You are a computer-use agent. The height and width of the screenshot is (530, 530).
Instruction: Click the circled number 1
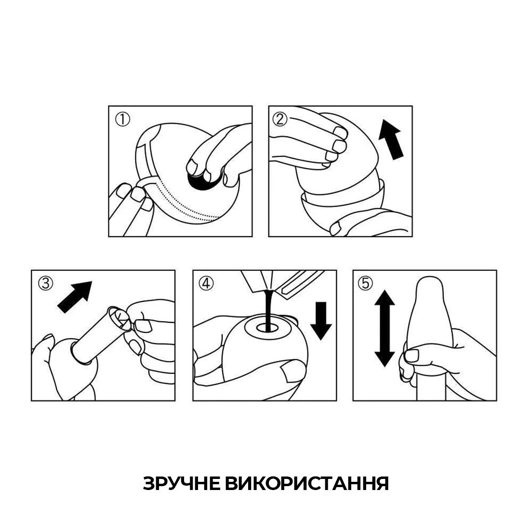(x=122, y=119)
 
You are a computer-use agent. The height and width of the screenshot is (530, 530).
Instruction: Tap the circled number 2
(x=280, y=119)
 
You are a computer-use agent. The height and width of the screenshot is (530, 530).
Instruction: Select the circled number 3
(x=46, y=283)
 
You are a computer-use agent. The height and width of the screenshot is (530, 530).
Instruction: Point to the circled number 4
(x=206, y=283)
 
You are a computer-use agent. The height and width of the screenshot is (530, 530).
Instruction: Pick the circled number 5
(x=365, y=283)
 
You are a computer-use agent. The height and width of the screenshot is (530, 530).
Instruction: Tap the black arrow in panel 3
(x=75, y=296)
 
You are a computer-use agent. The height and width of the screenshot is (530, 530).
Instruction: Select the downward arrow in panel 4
(x=321, y=320)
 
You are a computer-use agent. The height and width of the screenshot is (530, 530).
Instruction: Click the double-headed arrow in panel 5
(x=384, y=328)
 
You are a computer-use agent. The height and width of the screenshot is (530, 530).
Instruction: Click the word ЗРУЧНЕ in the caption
(x=182, y=483)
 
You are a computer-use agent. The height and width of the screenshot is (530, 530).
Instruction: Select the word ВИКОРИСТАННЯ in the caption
(x=307, y=483)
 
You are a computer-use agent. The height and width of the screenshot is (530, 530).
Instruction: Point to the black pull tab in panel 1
(x=202, y=181)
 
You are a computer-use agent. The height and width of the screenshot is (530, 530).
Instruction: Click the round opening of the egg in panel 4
(x=267, y=327)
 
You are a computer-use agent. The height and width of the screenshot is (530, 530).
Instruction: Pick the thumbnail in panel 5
(x=411, y=356)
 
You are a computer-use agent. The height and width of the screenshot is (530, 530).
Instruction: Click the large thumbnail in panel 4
(x=293, y=371)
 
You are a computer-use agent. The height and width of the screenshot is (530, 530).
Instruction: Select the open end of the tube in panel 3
(x=119, y=318)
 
